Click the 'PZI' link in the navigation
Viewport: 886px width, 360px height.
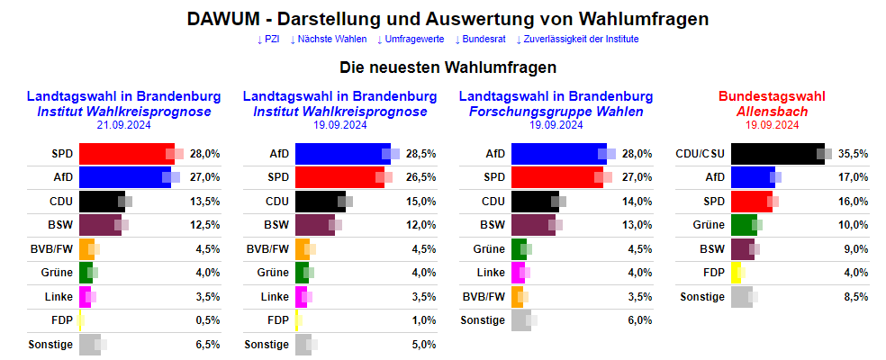click(x=268, y=39)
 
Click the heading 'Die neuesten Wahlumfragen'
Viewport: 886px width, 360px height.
click(x=448, y=67)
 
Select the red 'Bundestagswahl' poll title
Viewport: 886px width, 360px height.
click(x=772, y=96)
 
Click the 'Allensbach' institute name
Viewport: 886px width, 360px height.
click(x=772, y=111)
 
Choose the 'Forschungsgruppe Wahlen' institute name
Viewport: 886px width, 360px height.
click(x=556, y=111)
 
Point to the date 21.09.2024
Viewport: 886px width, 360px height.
click(x=123, y=125)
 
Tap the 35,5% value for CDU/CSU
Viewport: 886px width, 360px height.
click(x=852, y=154)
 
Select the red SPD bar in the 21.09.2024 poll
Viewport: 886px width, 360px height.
click(x=126, y=154)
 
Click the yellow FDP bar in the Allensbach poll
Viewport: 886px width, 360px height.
click(x=736, y=273)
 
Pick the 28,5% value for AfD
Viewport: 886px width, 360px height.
click(x=420, y=154)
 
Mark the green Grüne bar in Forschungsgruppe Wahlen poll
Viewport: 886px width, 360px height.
click(x=518, y=249)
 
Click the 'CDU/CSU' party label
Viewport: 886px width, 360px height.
click(x=700, y=154)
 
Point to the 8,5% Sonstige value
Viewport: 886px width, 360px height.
click(x=854, y=296)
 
